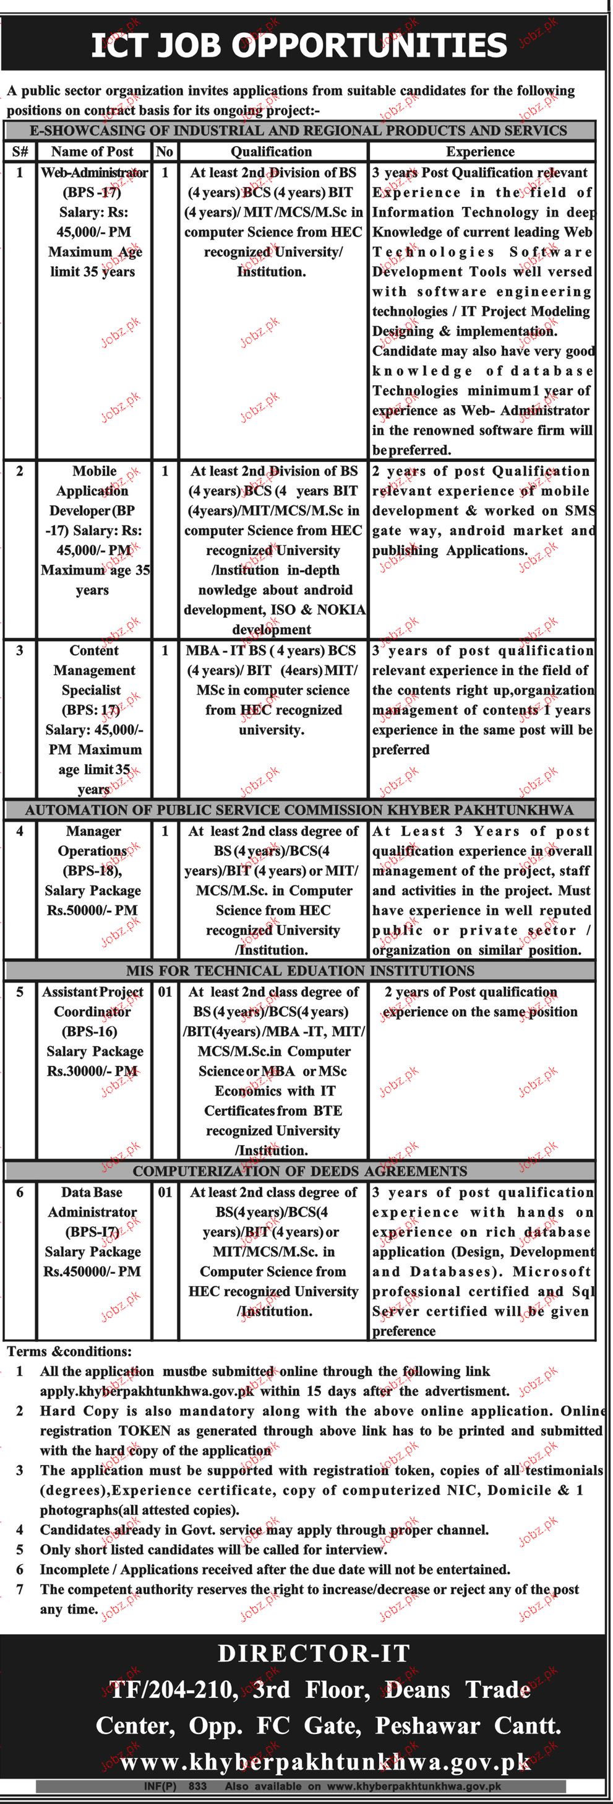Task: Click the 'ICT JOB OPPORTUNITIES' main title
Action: [299, 46]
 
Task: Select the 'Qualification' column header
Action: [272, 151]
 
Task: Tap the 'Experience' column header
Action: [480, 151]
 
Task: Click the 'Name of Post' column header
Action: [92, 151]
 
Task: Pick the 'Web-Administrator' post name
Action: [94, 172]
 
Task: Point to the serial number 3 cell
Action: [20, 651]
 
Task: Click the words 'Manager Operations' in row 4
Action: [93, 841]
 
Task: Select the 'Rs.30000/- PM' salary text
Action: [92, 1071]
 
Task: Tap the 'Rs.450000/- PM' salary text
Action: [92, 1271]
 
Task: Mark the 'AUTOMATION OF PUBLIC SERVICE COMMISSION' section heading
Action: [299, 810]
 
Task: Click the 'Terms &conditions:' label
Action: [69, 1351]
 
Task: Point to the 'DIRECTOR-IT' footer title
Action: [313, 1654]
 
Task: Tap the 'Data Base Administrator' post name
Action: [92, 1201]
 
